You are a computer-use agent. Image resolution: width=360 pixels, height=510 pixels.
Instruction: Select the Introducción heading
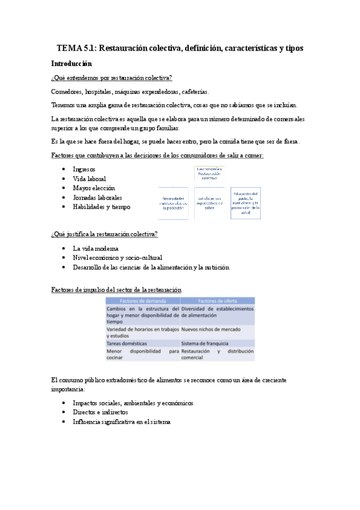[72, 63]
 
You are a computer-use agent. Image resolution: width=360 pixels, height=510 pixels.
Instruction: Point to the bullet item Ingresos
[88, 170]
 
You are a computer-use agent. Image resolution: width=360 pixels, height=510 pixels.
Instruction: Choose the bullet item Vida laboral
[89, 179]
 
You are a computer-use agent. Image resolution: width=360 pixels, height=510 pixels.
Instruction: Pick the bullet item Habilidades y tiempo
[101, 207]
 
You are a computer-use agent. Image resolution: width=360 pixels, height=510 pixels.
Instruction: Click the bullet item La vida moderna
[96, 248]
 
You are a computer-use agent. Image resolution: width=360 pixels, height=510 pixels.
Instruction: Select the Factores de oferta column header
[216, 300]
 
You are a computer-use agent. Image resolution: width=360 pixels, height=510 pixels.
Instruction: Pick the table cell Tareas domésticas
[126, 343]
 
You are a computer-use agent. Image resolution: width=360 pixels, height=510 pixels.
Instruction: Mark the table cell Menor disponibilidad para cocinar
[142, 354]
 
